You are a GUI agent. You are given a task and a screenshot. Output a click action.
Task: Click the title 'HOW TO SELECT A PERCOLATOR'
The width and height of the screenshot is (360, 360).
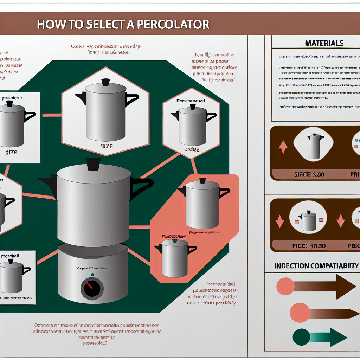pos(123,25)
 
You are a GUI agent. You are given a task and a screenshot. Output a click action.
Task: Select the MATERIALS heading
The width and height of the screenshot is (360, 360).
pos(324,43)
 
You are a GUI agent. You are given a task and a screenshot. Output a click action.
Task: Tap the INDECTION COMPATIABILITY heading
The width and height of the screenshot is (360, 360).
pos(316,266)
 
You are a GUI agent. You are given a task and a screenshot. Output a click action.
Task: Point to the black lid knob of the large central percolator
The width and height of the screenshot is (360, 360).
pos(93,164)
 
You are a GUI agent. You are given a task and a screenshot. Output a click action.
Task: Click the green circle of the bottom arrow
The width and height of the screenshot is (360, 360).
pos(301,337)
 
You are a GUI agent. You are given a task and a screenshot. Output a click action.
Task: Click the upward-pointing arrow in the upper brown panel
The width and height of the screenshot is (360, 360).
pos(283,147)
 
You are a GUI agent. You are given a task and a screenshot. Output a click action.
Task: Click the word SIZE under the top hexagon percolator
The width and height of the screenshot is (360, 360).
pos(107,146)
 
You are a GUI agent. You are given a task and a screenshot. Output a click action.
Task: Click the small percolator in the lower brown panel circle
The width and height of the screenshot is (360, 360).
pos(308,221)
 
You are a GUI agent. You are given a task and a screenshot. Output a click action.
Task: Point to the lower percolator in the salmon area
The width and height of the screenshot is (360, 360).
pos(175,258)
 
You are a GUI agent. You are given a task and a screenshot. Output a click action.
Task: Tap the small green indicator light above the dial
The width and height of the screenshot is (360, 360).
pos(92,275)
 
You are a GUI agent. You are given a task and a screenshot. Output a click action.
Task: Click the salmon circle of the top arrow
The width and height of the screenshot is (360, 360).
pos(285,286)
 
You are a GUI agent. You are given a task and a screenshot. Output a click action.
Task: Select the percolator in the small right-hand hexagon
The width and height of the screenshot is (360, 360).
pos(193,126)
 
